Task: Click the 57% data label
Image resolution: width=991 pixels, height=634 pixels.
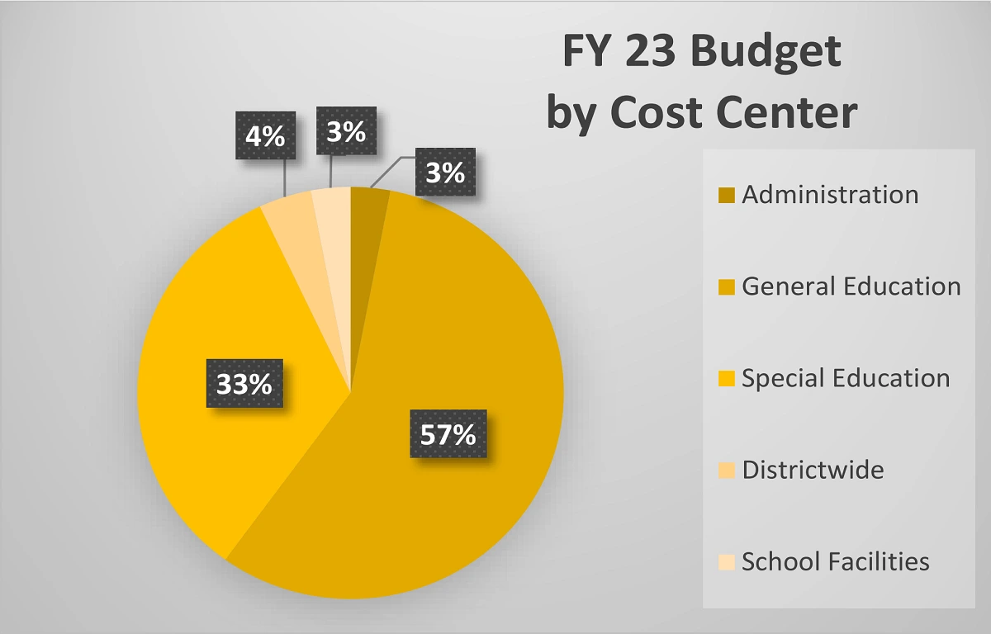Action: coord(448,434)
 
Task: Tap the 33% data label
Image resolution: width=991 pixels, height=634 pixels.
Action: coord(244,383)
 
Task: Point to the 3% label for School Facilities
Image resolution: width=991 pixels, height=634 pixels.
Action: coord(346,131)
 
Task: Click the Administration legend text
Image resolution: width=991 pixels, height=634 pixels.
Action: coord(830,195)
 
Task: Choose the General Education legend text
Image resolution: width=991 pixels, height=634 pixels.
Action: coord(851,286)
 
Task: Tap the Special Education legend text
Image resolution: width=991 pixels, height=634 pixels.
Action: coord(846,378)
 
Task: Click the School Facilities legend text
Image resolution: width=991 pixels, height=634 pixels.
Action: coord(836,562)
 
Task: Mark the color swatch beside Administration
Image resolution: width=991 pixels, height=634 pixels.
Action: coord(726,196)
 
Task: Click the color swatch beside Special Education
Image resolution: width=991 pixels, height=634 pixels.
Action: coord(726,379)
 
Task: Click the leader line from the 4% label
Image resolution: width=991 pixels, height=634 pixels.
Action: coord(286,178)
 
